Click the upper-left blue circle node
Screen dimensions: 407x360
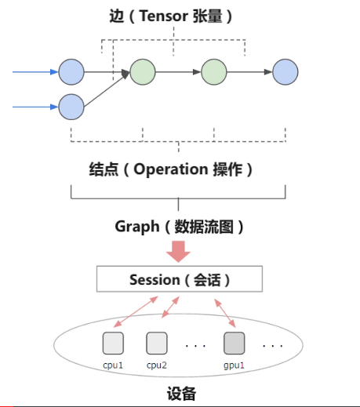[71, 72]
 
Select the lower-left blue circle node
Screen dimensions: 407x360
[71, 104]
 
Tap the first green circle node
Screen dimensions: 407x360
[143, 72]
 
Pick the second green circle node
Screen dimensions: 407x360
[214, 72]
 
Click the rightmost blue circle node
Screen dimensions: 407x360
[285, 72]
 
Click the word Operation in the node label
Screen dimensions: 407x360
[170, 169]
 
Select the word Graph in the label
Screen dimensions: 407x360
[136, 227]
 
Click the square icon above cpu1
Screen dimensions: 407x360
[114, 343]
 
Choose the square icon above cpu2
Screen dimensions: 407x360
[157, 343]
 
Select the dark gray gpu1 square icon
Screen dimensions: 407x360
[235, 343]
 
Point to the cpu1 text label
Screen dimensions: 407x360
[114, 365]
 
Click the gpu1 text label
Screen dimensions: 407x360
[235, 365]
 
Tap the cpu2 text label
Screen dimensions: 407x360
[158, 365]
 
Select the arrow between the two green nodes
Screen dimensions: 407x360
[178, 72]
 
